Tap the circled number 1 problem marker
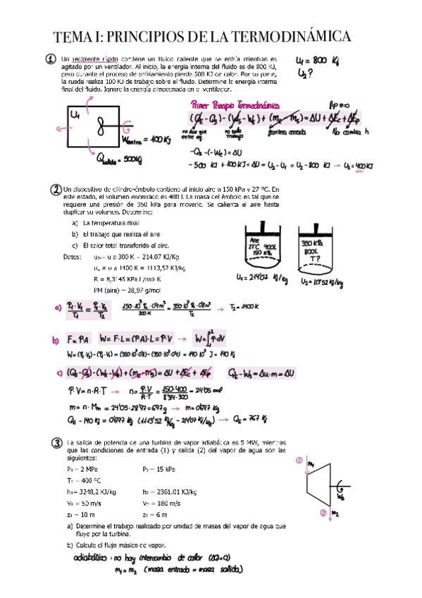coord(51,61)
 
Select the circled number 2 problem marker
coord(56,190)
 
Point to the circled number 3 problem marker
coord(57,443)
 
